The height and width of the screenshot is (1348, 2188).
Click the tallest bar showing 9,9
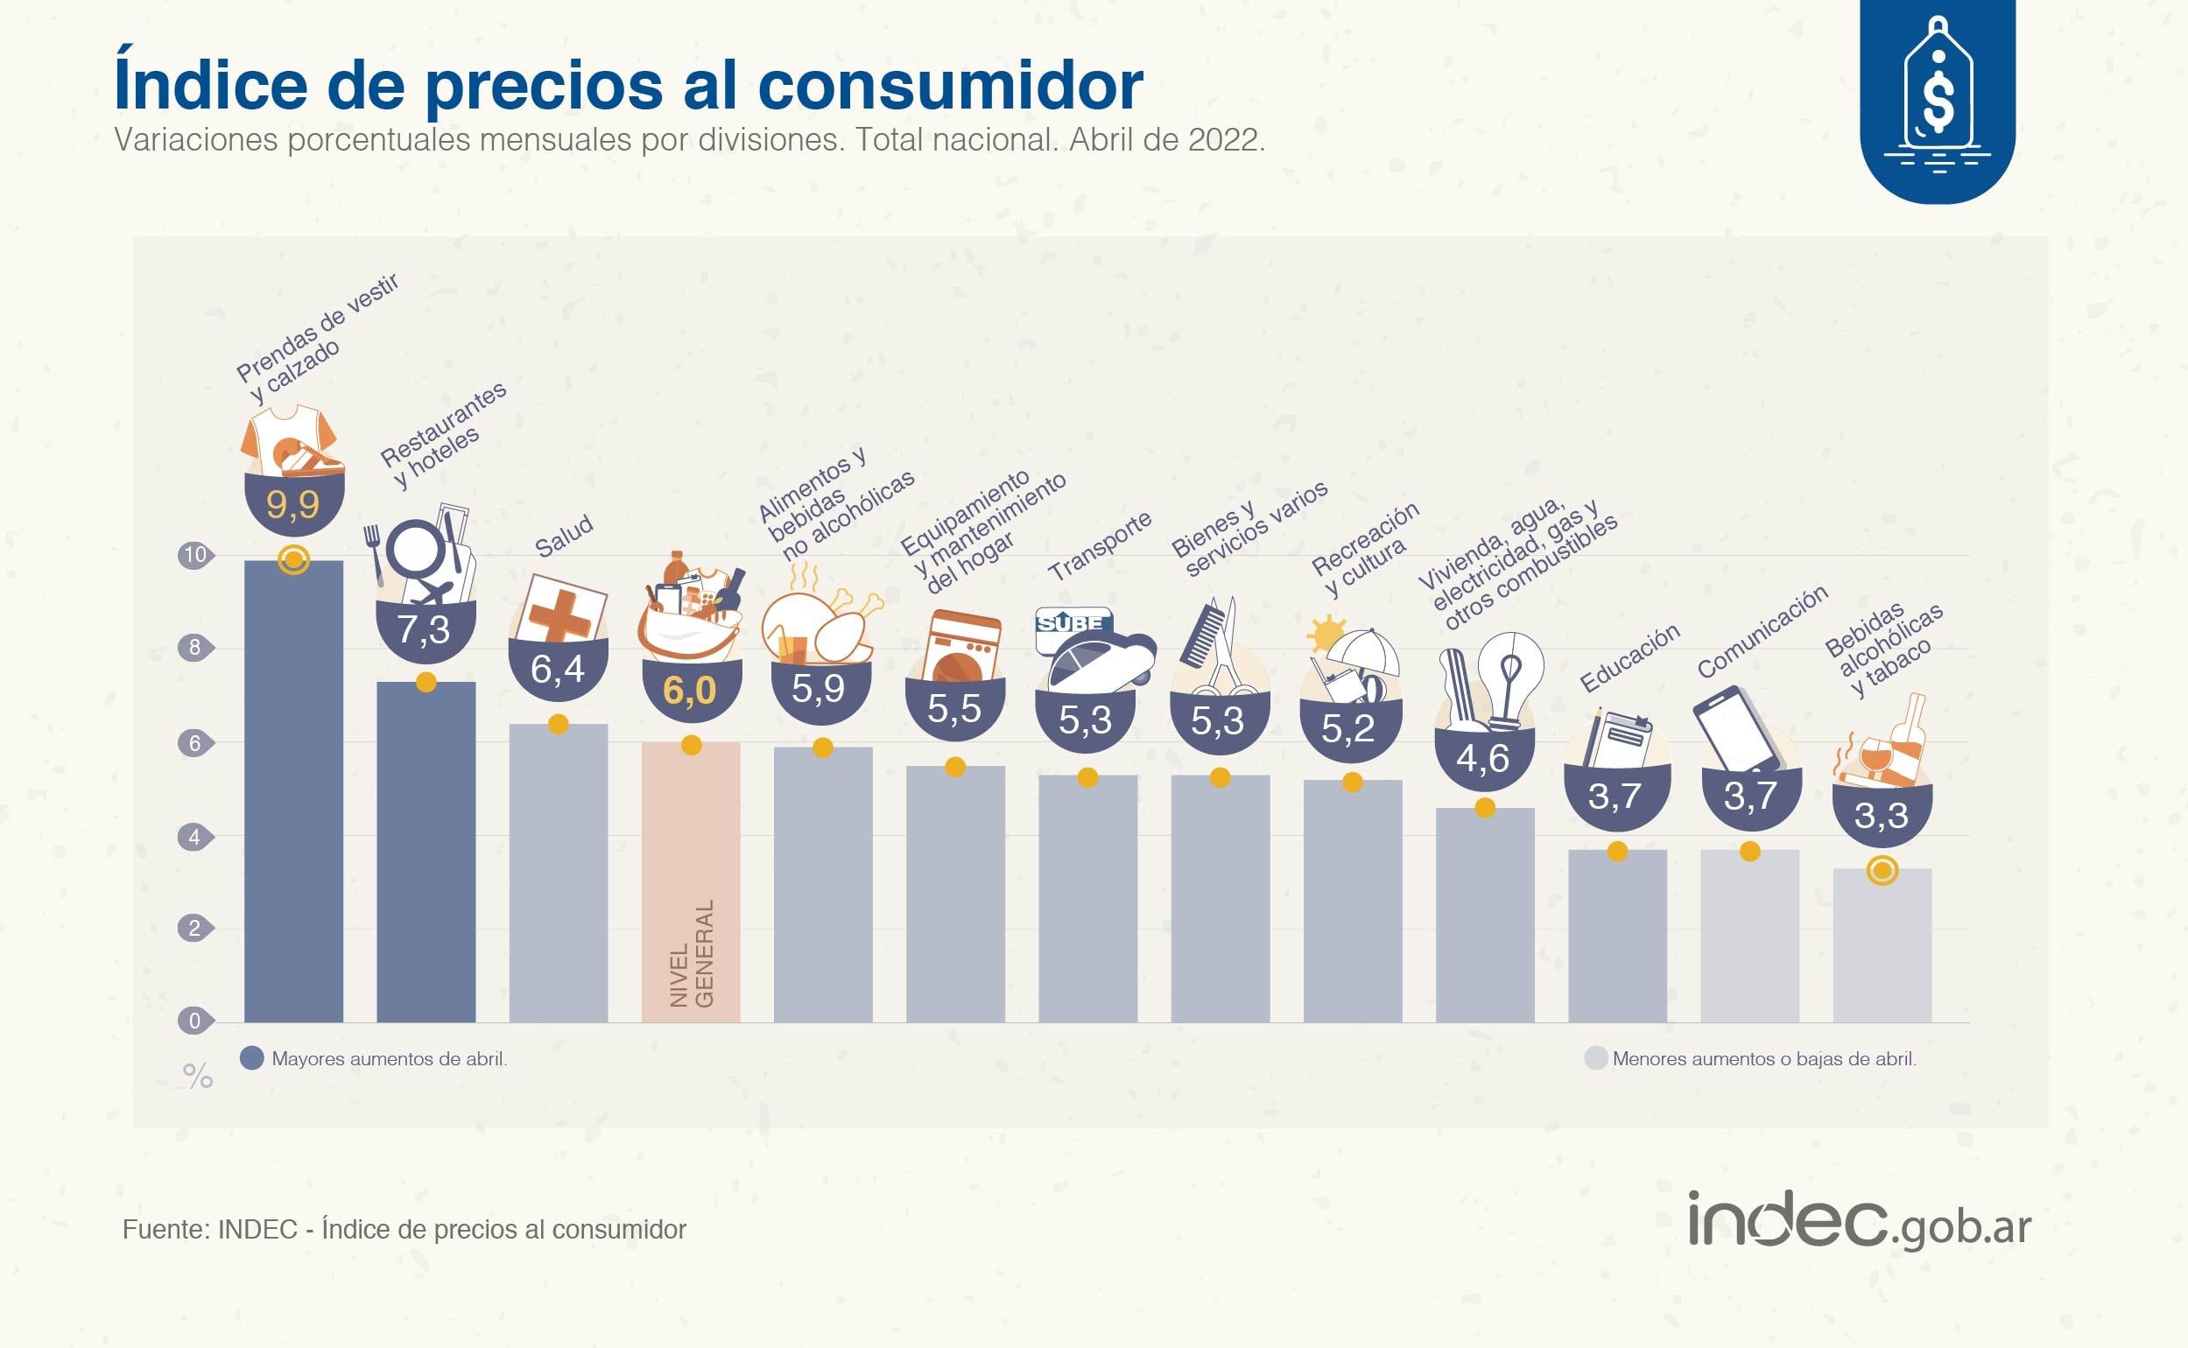pos(293,793)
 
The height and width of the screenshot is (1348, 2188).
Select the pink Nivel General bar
pos(691,882)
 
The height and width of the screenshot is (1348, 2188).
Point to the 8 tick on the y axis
pos(194,647)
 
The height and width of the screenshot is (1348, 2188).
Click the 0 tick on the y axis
pos(194,1021)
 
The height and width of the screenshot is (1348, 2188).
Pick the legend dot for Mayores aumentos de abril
pos(252,1058)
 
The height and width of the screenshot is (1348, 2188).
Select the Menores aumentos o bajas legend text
pos(1763,1059)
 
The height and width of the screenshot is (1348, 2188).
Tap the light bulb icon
pos(1509,678)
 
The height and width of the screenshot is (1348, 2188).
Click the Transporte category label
pos(1100,546)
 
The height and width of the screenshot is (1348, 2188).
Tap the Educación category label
pos(1629,658)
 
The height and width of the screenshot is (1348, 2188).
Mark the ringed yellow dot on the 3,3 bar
pos(1882,871)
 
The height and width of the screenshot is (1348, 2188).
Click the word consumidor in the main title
pos(950,85)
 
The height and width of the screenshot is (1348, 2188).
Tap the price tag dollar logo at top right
pos(1938,98)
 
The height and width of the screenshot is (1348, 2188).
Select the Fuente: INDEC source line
pos(404,1230)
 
